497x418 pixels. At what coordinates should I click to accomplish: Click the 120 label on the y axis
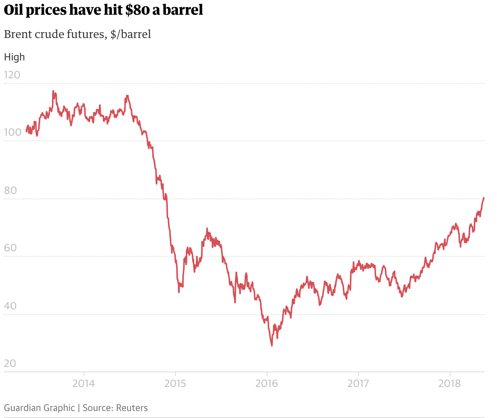coord(12,75)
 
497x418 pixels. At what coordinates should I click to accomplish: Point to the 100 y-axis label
coord(12,132)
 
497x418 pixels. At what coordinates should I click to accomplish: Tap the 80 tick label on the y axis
coord(10,190)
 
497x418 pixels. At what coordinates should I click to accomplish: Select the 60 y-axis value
coord(10,248)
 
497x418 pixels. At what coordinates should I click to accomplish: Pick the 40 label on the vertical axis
coord(10,306)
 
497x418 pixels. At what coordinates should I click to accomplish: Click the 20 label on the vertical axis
coord(10,363)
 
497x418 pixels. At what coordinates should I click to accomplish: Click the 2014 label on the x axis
coord(84,383)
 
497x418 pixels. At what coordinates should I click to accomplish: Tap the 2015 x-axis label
coord(175,383)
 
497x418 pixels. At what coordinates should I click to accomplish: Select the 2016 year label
coord(267,383)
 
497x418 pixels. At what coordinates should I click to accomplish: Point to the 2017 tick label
coord(358,383)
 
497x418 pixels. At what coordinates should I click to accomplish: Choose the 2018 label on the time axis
coord(450,383)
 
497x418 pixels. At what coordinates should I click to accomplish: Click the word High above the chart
coord(14,57)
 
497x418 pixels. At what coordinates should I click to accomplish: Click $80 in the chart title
coord(137,10)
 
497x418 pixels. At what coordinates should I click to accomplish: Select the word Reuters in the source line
coord(132,408)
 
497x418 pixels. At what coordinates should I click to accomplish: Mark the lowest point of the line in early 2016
coord(272,345)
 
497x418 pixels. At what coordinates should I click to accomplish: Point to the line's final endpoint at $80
coord(484,198)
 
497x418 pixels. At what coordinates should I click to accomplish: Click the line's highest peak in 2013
coord(53,91)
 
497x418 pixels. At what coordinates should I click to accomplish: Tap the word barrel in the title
coord(183,10)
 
